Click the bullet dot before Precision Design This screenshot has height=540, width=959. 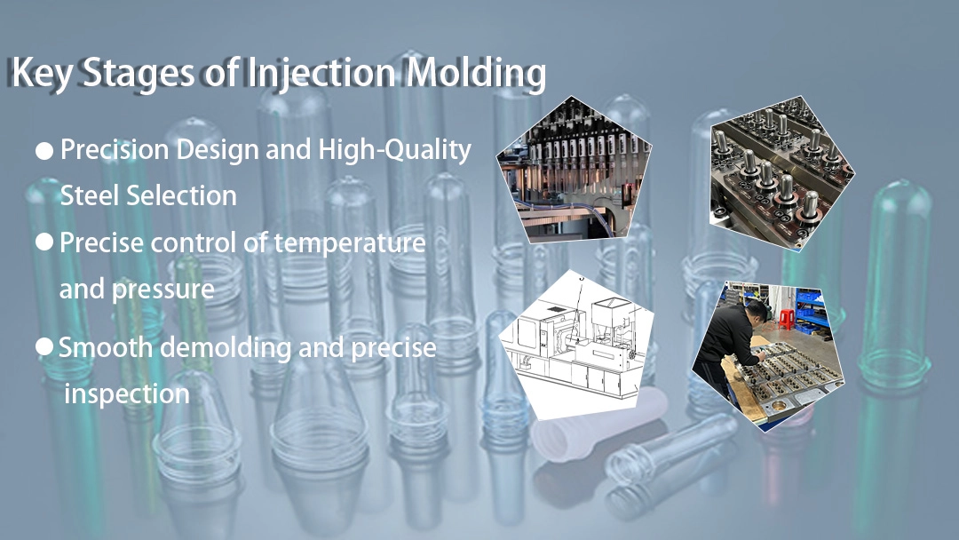click(x=44, y=152)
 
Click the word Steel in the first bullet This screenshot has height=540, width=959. click(x=91, y=195)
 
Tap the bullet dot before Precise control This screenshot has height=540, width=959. click(x=44, y=242)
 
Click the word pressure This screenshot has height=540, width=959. click(x=162, y=289)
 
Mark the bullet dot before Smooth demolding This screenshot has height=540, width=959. click(x=44, y=347)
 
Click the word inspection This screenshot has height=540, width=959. click(x=127, y=393)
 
